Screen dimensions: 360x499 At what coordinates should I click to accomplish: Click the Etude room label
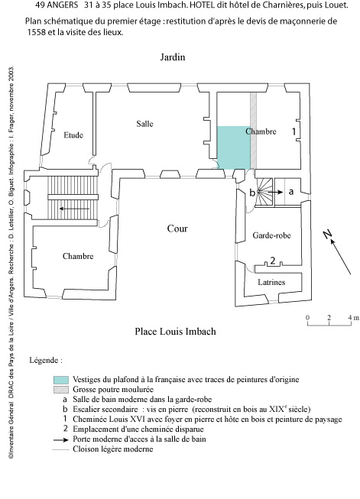point(73,135)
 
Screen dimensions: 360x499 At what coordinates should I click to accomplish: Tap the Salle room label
point(144,124)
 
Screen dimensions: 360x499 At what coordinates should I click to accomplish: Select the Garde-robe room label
point(271,235)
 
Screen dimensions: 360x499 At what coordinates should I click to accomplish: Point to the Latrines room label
point(271,282)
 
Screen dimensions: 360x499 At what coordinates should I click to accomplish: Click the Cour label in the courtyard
point(177,228)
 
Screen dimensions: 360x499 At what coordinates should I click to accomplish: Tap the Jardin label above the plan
point(173,57)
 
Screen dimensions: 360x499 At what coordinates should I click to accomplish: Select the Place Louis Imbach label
point(175,332)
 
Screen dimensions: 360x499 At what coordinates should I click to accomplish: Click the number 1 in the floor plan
point(294,131)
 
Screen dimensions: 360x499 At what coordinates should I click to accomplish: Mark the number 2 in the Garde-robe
point(272,261)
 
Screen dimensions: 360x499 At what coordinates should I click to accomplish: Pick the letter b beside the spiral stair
point(252,193)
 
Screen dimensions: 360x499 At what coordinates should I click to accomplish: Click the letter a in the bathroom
point(290,192)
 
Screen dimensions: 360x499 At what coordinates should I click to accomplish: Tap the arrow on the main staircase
point(74,209)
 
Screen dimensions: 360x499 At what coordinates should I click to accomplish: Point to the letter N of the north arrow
point(327,235)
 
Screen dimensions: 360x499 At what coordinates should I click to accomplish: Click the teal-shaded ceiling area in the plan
point(233,147)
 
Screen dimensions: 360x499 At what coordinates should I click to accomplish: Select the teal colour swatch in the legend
point(61,380)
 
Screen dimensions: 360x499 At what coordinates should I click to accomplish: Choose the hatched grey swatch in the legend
point(61,390)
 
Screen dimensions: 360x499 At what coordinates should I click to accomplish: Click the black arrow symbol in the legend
point(61,440)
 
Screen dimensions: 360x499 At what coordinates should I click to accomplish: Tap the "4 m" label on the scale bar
point(353,317)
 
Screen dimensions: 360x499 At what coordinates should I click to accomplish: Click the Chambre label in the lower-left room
point(78,256)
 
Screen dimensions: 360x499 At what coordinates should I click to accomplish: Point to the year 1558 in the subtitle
point(36,32)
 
